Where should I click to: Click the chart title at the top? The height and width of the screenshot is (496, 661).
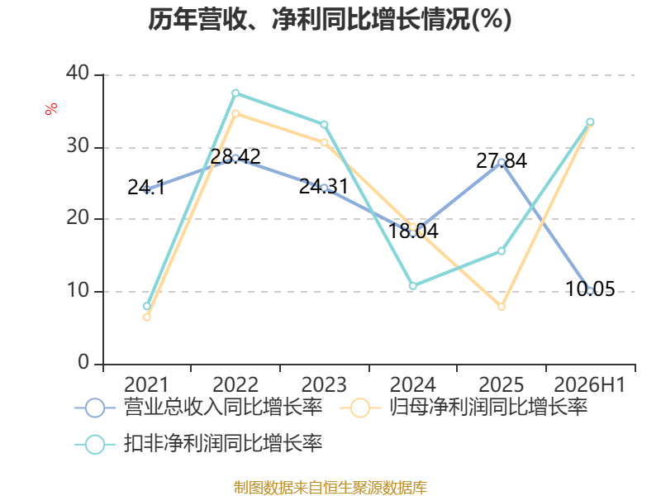pyautogui.click(x=330, y=19)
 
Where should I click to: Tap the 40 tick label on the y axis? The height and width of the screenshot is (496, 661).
pyautogui.click(x=78, y=73)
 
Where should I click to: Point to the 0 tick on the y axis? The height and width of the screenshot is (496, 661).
pyautogui.click(x=83, y=362)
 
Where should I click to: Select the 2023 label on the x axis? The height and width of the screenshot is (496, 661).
pyautogui.click(x=324, y=384)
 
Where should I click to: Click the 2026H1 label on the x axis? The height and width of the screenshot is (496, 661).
pyautogui.click(x=589, y=384)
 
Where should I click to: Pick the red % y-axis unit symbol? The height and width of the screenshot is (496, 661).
pyautogui.click(x=51, y=109)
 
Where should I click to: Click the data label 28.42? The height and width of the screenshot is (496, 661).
pyautogui.click(x=235, y=156)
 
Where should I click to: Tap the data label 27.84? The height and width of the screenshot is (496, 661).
pyautogui.click(x=502, y=160)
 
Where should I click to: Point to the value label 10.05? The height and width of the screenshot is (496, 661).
pyautogui.click(x=590, y=289)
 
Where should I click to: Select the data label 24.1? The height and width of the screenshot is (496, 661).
pyautogui.click(x=146, y=188)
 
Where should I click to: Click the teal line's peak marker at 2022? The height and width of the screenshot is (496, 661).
pyautogui.click(x=235, y=93)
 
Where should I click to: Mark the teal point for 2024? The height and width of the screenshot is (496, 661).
pyautogui.click(x=412, y=286)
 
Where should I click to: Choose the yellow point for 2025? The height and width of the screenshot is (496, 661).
pyautogui.click(x=502, y=307)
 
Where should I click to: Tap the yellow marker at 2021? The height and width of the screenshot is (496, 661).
pyautogui.click(x=147, y=317)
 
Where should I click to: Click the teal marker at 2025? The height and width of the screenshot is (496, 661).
pyautogui.click(x=502, y=251)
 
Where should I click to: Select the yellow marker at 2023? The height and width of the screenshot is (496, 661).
pyautogui.click(x=324, y=142)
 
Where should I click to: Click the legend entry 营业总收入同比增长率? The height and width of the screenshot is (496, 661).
pyautogui.click(x=198, y=408)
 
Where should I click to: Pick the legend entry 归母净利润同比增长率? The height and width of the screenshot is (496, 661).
pyautogui.click(x=464, y=408)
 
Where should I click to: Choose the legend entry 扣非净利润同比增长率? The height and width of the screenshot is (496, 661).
pyautogui.click(x=198, y=444)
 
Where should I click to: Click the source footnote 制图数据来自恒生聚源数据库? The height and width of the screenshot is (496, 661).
pyautogui.click(x=330, y=487)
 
